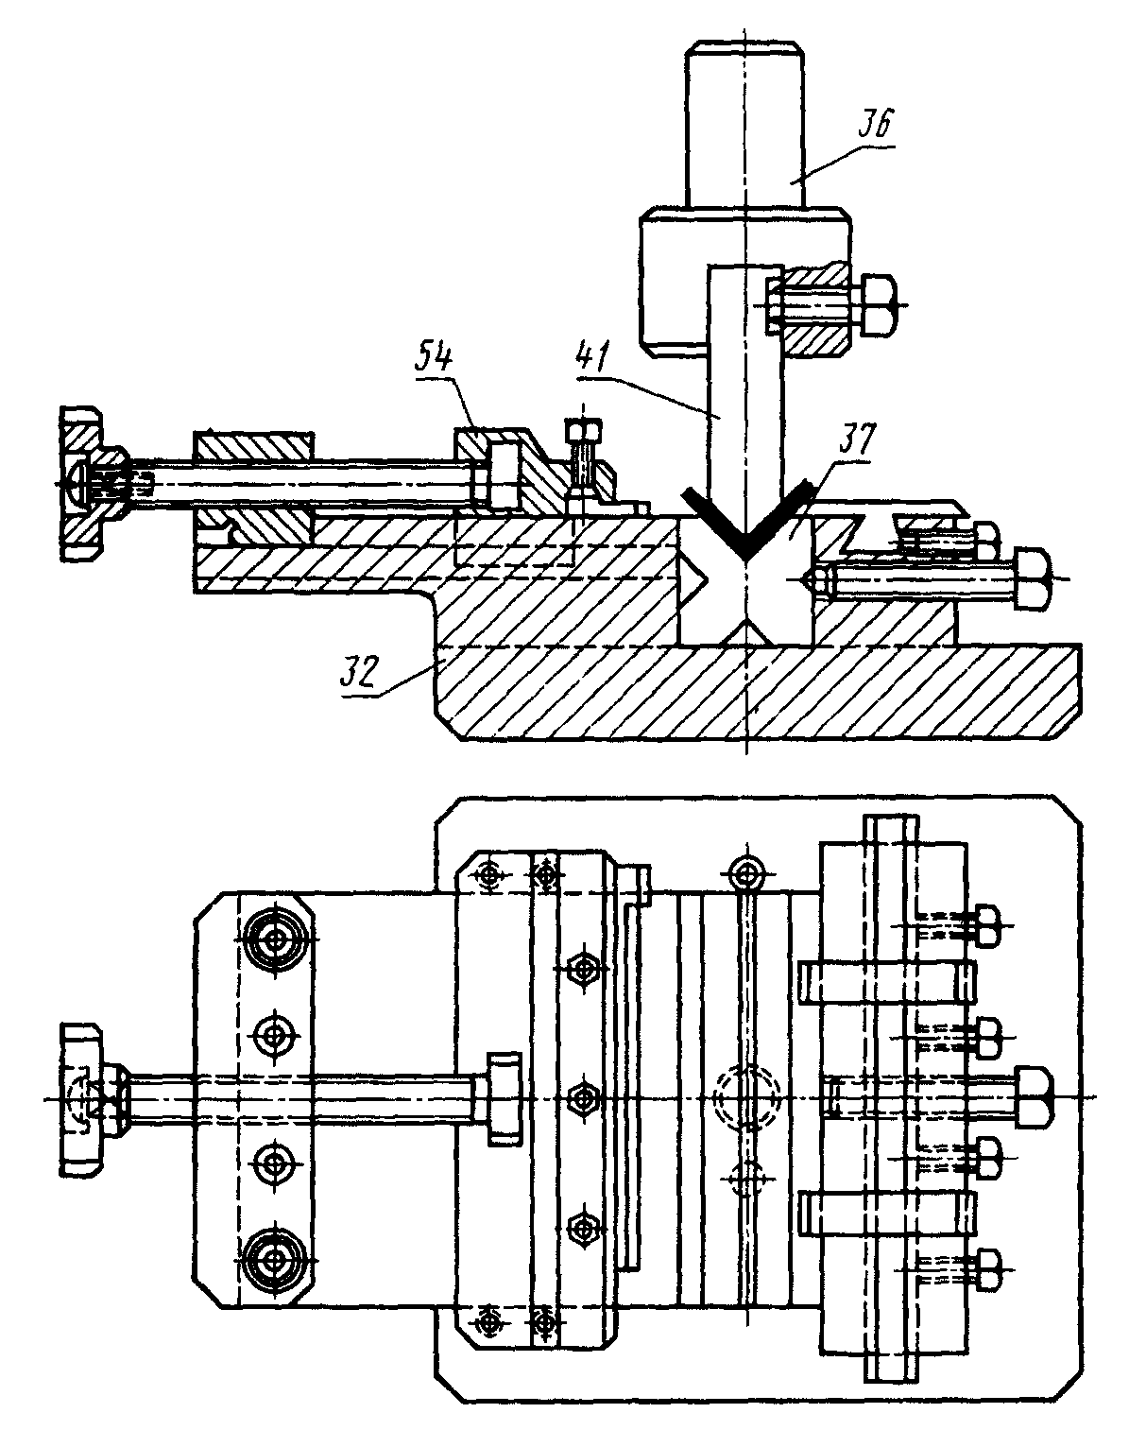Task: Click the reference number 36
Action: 876,124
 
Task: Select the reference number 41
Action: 592,357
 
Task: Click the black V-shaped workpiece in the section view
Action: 746,513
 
